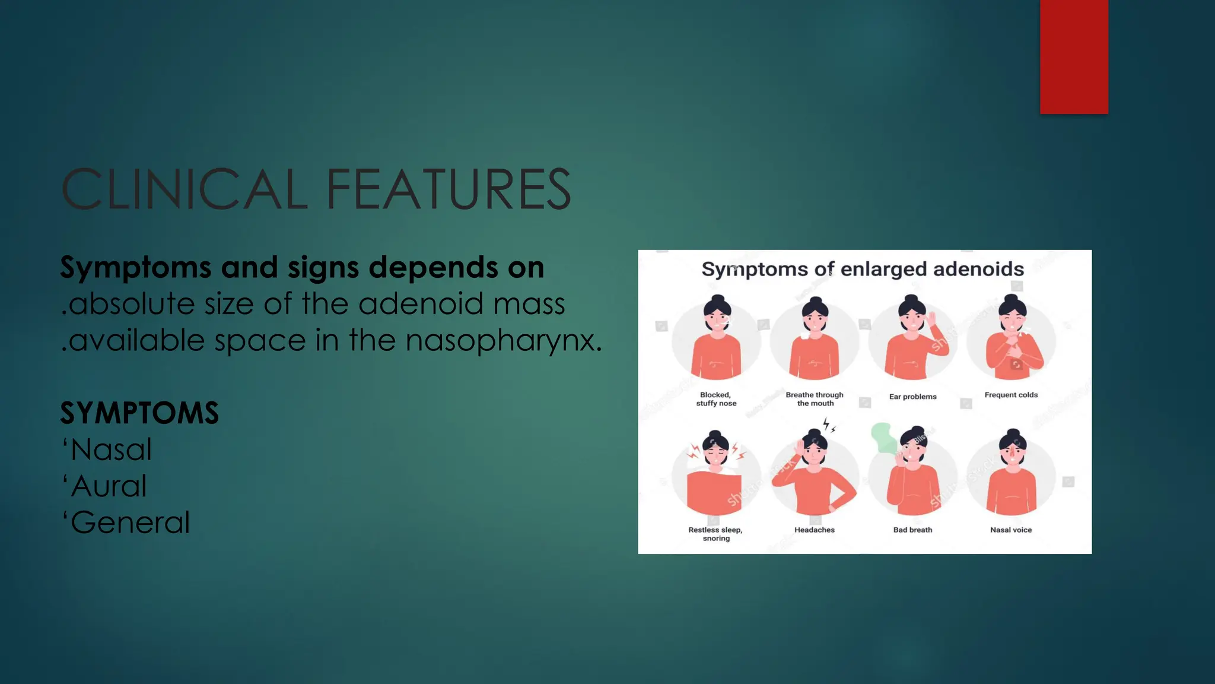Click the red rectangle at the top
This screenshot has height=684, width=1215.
click(1074, 56)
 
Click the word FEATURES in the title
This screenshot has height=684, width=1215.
click(448, 189)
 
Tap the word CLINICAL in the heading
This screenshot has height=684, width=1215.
click(185, 189)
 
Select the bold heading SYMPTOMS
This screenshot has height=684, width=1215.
click(139, 413)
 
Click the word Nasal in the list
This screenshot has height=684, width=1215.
click(111, 449)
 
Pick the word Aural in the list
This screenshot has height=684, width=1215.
click(109, 486)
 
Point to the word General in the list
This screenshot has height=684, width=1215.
click(130, 522)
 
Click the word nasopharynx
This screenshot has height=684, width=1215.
click(504, 340)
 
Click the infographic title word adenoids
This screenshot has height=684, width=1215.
click(978, 269)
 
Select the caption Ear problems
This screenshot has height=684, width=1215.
click(912, 397)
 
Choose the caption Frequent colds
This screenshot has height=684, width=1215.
click(1011, 395)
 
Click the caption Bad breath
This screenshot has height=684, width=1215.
click(912, 530)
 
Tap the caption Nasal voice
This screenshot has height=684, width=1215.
click(1011, 530)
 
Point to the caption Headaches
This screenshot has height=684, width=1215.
click(815, 530)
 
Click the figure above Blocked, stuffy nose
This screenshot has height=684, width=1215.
click(717, 338)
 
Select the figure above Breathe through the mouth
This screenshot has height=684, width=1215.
click(815, 338)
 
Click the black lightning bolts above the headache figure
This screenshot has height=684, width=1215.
click(829, 425)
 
